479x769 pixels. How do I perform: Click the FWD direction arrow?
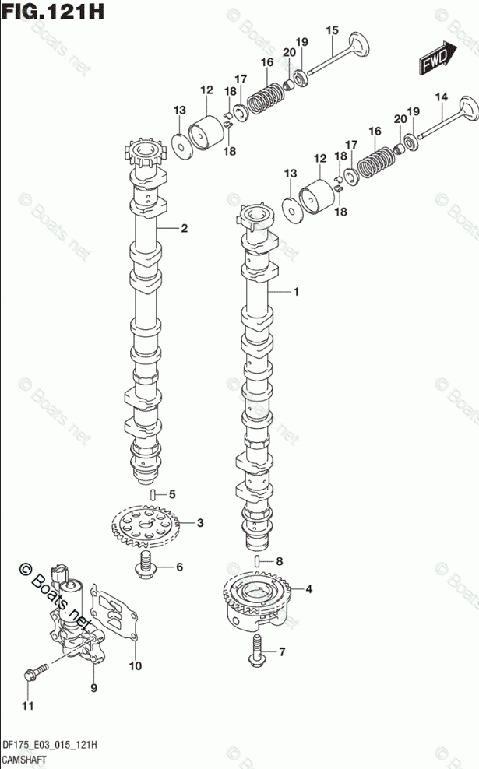[438, 58]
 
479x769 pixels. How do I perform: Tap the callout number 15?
[333, 30]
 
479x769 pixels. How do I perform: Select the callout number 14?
[441, 97]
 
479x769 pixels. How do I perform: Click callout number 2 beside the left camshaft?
[184, 228]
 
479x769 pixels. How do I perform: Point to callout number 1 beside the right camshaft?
[296, 292]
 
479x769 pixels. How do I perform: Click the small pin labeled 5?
[153, 494]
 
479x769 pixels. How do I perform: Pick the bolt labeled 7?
[258, 650]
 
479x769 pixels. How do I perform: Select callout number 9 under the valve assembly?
[93, 688]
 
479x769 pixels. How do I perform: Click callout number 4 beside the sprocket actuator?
[308, 589]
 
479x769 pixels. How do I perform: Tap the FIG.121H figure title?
[53, 11]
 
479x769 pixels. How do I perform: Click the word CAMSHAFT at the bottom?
[24, 760]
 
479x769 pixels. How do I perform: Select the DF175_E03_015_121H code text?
[50, 745]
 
